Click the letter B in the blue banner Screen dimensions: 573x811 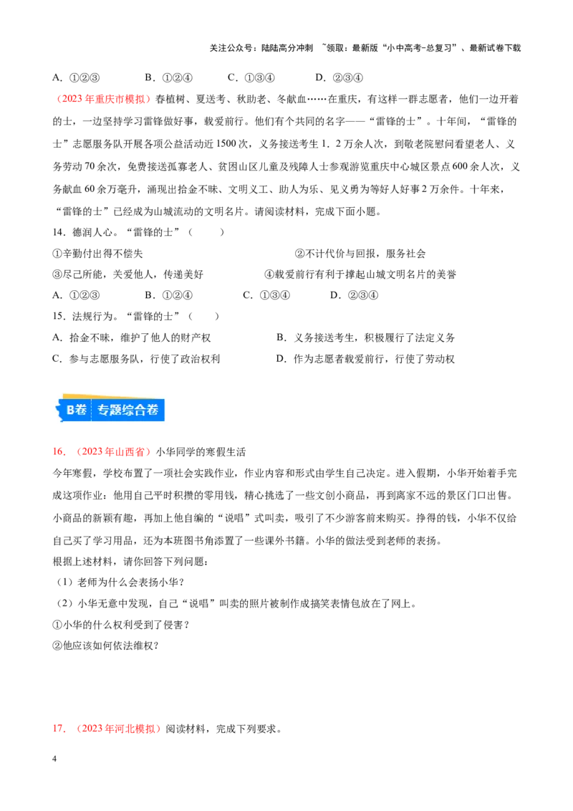(71, 410)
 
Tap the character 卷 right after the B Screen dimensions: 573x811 (81, 410)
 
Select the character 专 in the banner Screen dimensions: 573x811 (104, 410)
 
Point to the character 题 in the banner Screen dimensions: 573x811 (119, 410)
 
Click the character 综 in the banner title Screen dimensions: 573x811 (134, 410)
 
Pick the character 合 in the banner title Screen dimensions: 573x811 (148, 410)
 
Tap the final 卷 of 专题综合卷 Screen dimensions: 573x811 (158, 410)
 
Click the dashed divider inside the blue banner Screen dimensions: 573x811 (92, 410)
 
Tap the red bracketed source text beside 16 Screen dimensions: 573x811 (115, 452)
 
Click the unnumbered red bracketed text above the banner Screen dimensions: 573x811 (105, 99)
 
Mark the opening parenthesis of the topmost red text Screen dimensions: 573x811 (60, 99)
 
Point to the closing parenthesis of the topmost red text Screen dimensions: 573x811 (150, 99)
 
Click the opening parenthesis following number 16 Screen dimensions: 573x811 (78, 452)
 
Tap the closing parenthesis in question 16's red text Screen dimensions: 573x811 (151, 452)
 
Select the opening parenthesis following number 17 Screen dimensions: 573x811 (79, 728)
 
